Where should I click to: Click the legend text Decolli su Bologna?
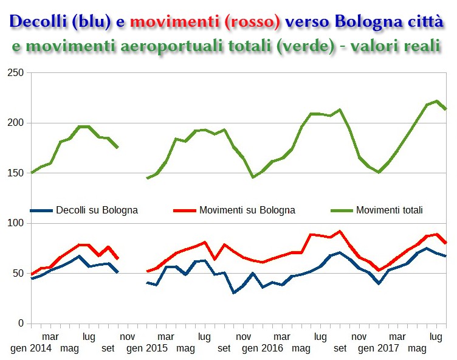pos(97,210)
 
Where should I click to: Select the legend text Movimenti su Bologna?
pos(247,210)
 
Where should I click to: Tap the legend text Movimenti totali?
pos(389,210)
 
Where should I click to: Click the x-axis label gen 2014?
pos(31,348)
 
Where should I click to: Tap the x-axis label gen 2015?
pos(146,348)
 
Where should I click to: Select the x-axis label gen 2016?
pos(263,348)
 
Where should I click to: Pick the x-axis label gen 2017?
pos(378,348)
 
